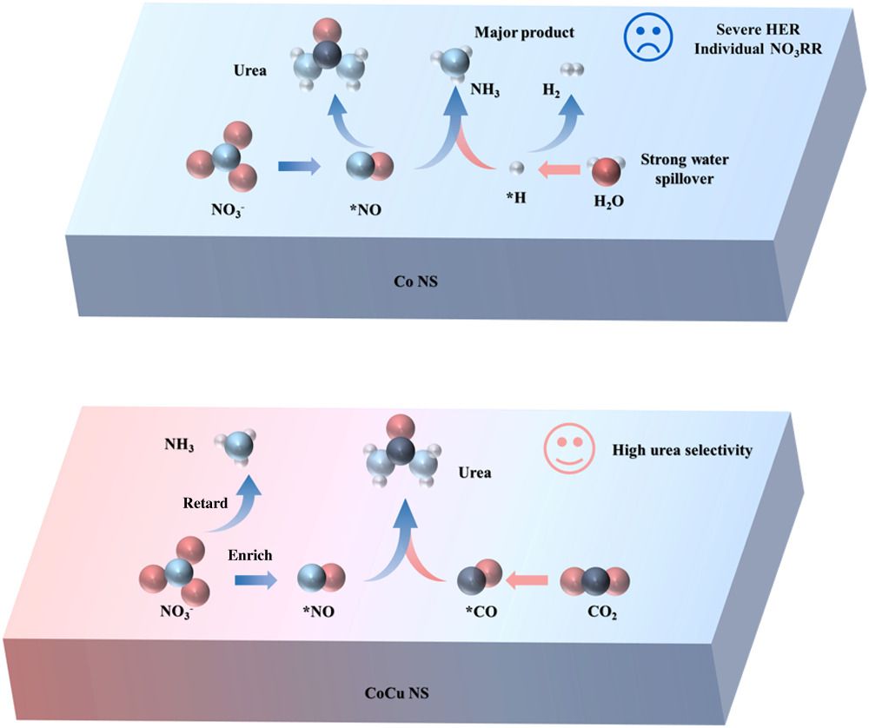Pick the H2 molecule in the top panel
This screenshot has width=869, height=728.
[572, 69]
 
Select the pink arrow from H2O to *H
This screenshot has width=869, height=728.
[556, 171]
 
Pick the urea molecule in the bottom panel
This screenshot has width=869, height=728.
[401, 454]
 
